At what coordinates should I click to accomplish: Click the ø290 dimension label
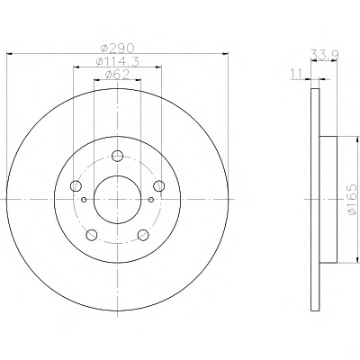(117, 48)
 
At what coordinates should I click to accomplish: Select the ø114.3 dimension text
(117, 61)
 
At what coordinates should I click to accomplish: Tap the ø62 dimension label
(117, 74)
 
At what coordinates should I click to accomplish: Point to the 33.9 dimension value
(324, 55)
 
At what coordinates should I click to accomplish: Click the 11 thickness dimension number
(296, 74)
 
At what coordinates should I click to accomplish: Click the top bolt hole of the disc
(117, 156)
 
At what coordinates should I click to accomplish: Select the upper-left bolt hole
(76, 186)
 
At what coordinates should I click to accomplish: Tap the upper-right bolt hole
(159, 186)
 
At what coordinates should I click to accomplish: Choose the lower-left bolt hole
(92, 235)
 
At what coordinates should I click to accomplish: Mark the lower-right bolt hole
(143, 235)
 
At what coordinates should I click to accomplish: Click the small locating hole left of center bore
(84, 200)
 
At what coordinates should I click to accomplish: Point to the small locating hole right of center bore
(151, 200)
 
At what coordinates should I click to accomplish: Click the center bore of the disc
(117, 200)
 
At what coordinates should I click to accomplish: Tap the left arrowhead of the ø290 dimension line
(9, 54)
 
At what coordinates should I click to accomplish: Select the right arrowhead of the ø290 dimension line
(225, 54)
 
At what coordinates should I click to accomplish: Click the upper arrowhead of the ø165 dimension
(357, 139)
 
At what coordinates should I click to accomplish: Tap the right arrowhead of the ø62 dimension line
(138, 80)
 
